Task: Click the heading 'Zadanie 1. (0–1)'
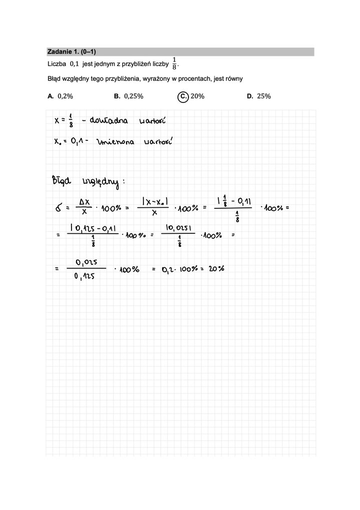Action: (x=71, y=51)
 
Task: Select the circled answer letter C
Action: (x=183, y=96)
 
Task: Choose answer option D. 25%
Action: (x=258, y=96)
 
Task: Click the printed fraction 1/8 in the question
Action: (x=174, y=64)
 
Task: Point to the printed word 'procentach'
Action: (x=193, y=78)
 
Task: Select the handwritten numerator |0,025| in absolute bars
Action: (x=179, y=227)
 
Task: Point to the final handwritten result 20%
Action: (x=215, y=269)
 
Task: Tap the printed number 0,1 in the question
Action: (x=74, y=64)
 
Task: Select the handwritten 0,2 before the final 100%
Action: (x=168, y=269)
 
